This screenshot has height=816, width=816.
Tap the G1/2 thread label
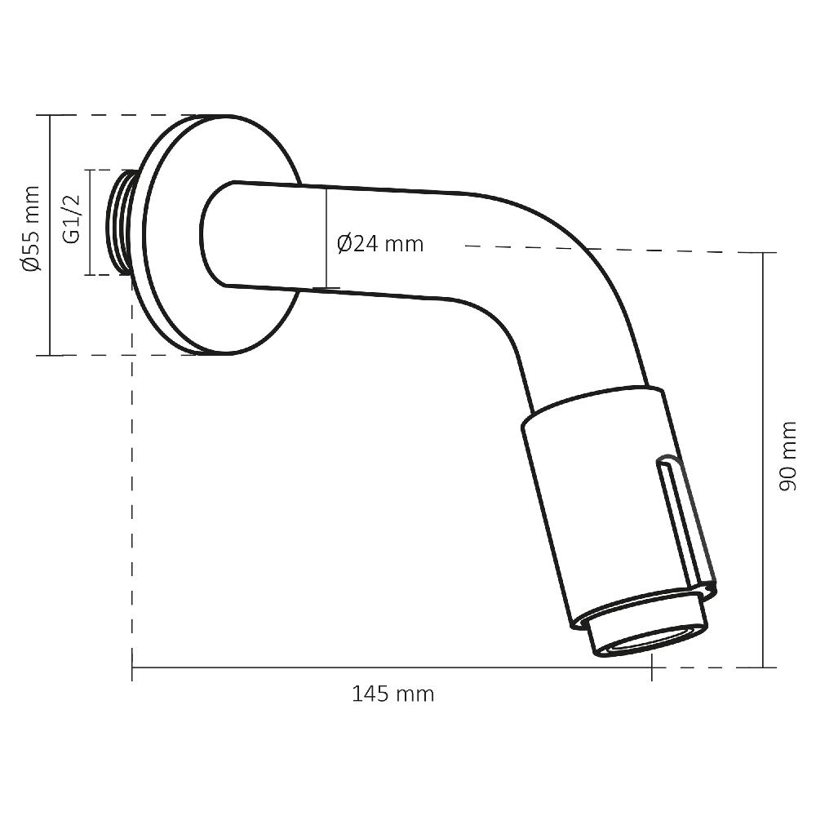click(72, 220)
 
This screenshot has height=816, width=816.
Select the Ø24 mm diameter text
click(380, 243)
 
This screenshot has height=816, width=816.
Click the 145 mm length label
click(392, 694)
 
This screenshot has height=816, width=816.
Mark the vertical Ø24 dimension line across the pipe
click(326, 237)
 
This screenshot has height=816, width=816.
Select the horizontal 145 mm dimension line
click(392, 667)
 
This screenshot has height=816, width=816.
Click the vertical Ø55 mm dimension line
click(51, 235)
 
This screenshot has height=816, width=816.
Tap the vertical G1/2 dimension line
click(89, 222)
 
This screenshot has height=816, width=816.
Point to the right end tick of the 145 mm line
click(651, 667)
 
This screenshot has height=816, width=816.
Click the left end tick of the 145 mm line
click(132, 667)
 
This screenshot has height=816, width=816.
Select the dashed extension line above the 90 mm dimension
click(612, 249)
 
